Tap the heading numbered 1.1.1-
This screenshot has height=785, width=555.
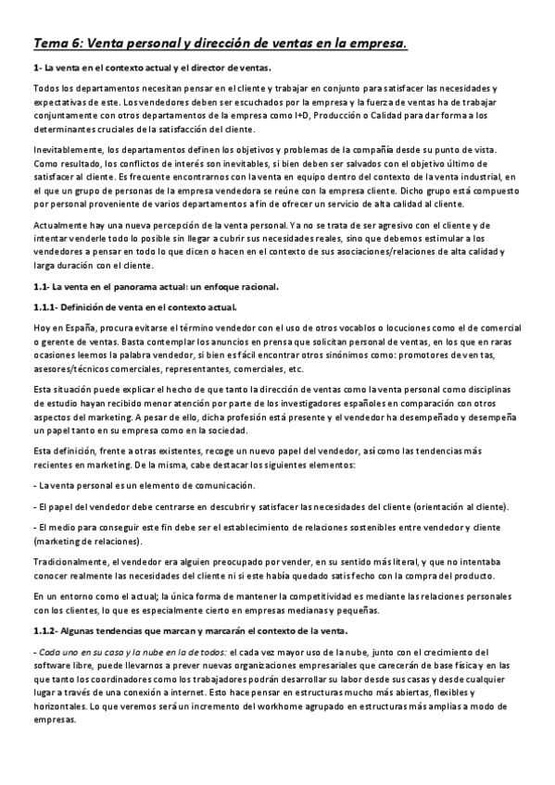[134, 306]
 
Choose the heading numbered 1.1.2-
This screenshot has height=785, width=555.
[190, 630]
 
